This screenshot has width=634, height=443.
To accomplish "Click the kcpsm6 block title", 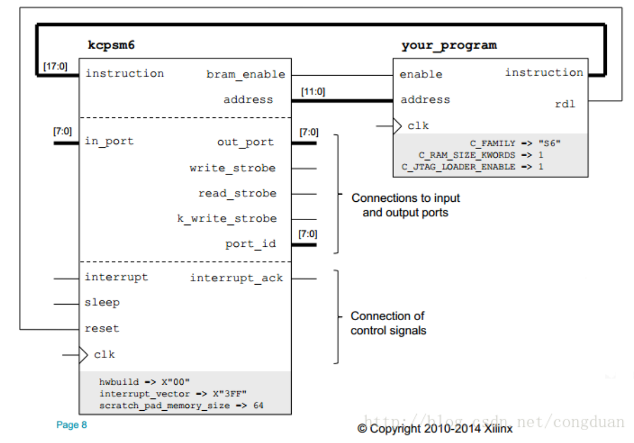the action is (x=111, y=44).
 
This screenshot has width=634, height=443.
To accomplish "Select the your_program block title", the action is (x=449, y=46).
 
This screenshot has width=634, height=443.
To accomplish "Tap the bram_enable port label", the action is (x=246, y=74).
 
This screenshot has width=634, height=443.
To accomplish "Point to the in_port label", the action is (x=109, y=141).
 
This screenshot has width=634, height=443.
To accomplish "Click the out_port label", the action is (x=246, y=142).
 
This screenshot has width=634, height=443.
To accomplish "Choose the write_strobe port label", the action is (x=232, y=168).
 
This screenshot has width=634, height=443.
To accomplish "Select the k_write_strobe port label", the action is (x=227, y=218).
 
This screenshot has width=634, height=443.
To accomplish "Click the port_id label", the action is (x=251, y=244).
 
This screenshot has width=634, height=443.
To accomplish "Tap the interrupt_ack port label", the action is (x=237, y=278).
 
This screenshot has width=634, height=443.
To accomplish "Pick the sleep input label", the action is (x=102, y=302).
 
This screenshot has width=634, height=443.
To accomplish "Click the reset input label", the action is (x=102, y=328).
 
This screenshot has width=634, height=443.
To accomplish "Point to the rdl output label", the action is (x=565, y=104).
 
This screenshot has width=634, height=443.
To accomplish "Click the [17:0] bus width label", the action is (x=56, y=66).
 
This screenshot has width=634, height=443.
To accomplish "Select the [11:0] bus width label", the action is (x=313, y=92).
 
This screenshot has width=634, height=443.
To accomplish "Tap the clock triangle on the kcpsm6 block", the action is (x=84, y=355).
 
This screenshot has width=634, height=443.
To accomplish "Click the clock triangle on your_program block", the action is (x=397, y=126).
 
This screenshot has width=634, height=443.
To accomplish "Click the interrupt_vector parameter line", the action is (x=173, y=394).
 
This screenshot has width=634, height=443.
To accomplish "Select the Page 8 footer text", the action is (x=72, y=425).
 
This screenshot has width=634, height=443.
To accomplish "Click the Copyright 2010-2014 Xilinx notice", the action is (x=435, y=429).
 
